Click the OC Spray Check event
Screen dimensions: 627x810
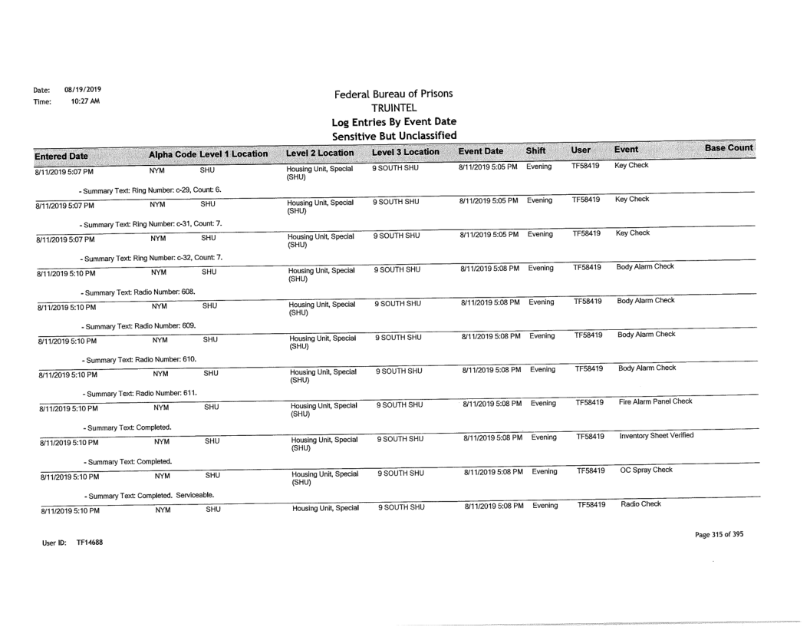[643, 470]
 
